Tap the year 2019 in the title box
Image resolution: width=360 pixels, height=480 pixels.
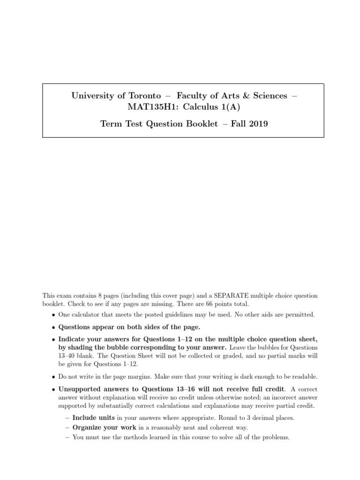coord(258,125)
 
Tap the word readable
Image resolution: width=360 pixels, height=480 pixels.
coord(304,376)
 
